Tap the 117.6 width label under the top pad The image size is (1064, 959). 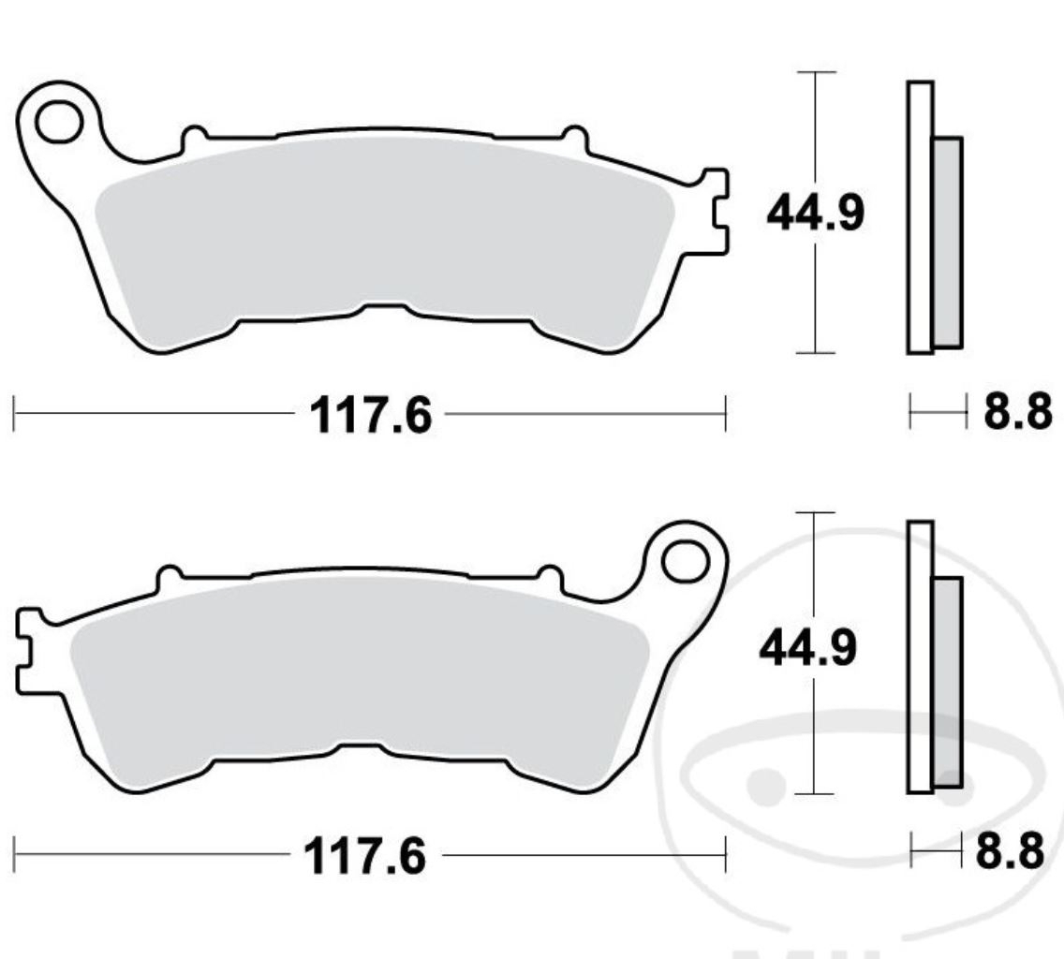372,415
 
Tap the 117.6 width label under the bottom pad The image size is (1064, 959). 365,856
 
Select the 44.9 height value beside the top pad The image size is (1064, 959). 815,214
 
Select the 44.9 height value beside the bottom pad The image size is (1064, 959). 807,649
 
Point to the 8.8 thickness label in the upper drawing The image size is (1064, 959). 1016,412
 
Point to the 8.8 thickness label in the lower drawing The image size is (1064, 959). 1010,852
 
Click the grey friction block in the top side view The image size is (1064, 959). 947,242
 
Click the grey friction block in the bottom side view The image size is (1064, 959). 947,682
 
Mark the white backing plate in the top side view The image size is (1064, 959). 920,217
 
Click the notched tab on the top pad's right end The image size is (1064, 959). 717,212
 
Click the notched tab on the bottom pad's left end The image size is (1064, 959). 27,652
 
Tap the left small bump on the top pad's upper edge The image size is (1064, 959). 194,138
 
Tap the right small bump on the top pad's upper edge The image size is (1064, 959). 573,138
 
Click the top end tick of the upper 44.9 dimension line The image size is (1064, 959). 816,72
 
